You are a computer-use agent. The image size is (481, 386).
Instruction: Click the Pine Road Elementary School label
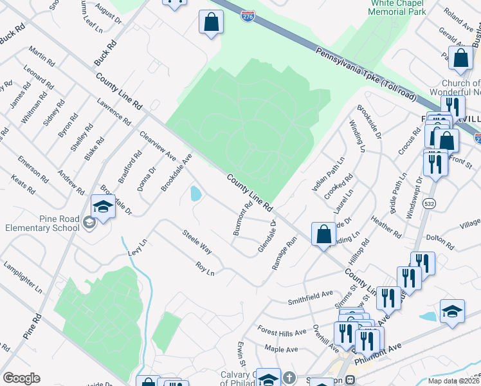click(42, 223)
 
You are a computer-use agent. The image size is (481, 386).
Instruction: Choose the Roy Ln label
click(205, 268)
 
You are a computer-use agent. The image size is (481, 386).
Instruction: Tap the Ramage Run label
click(284, 252)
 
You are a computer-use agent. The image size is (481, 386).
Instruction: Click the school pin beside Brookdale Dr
click(103, 207)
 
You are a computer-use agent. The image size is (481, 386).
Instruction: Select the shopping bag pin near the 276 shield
click(211, 23)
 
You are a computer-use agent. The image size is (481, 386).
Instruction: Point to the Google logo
click(21, 378)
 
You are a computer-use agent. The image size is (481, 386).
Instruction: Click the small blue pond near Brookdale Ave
click(195, 192)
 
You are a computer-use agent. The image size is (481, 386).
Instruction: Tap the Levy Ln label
click(138, 246)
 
